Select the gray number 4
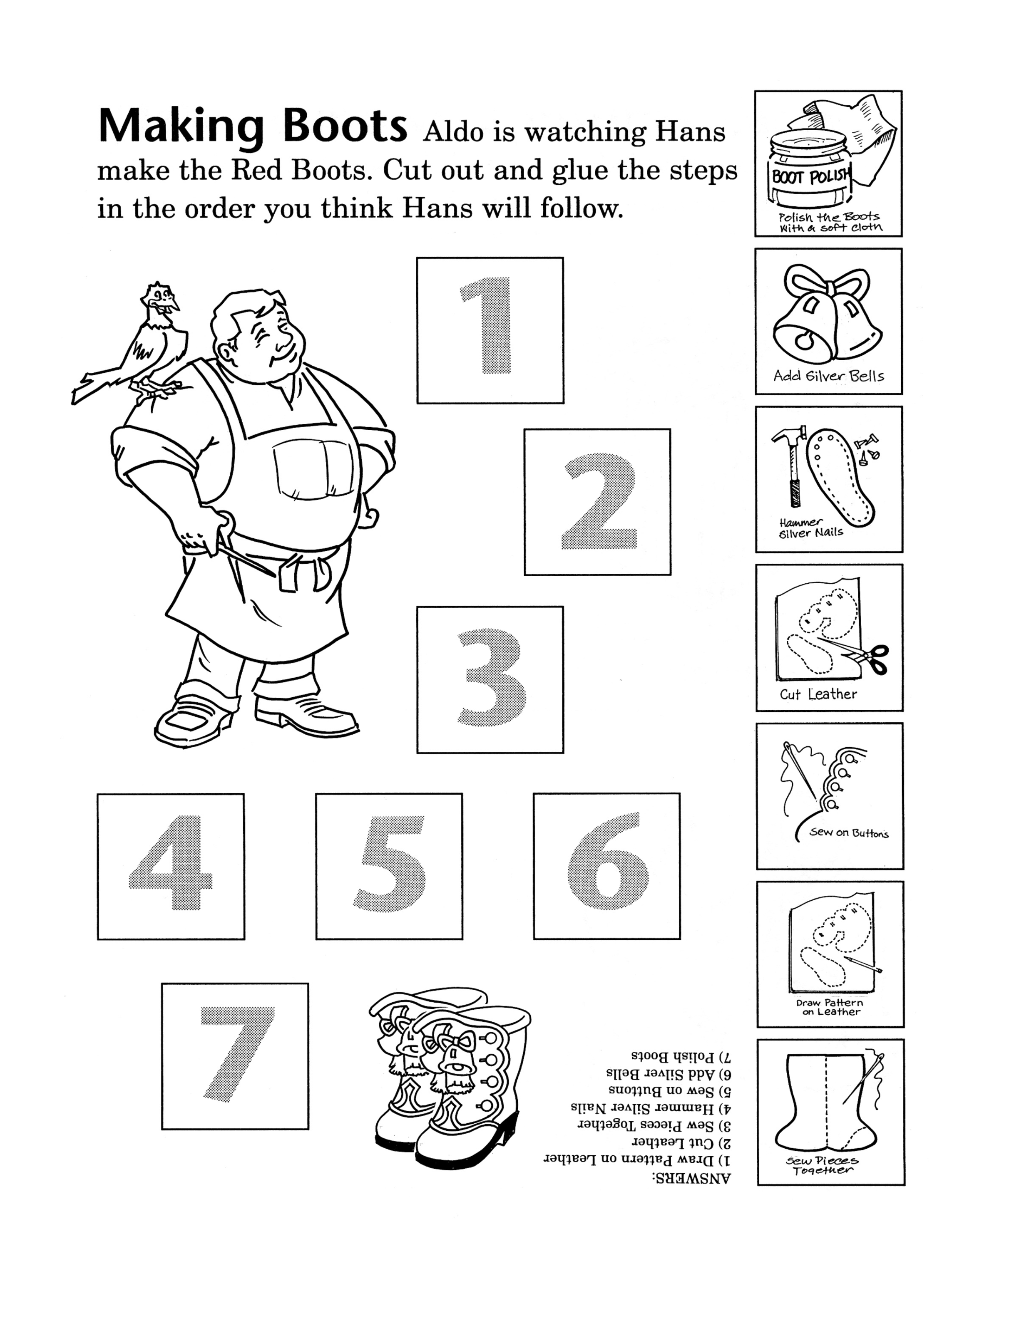(171, 862)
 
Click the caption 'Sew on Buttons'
(849, 833)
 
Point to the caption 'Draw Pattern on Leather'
(830, 1007)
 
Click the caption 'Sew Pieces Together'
(822, 1165)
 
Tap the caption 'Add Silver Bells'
(829, 376)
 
